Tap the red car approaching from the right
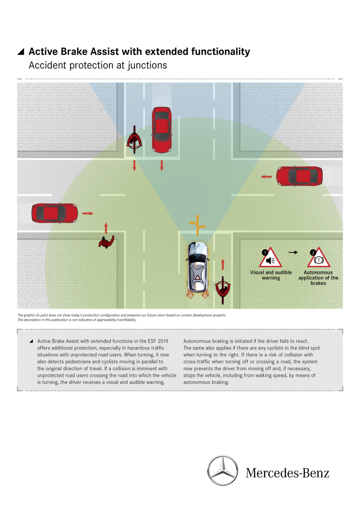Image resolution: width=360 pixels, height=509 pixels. tap(299, 176)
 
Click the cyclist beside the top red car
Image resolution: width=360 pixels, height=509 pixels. tap(134, 141)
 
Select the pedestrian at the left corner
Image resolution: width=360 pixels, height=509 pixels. tap(106, 243)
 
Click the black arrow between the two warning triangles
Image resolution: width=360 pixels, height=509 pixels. tap(293, 253)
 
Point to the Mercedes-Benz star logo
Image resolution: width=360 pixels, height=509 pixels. tap(222, 470)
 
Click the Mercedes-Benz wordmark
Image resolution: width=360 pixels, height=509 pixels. tap(287, 472)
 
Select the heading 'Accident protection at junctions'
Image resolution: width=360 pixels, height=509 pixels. tap(97, 65)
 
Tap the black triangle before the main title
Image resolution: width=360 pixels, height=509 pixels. tap(20, 52)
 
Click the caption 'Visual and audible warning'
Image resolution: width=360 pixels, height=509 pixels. tap(271, 275)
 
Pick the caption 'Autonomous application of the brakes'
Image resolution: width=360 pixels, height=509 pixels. tap(321, 278)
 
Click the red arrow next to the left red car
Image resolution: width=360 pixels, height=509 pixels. tap(88, 213)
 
